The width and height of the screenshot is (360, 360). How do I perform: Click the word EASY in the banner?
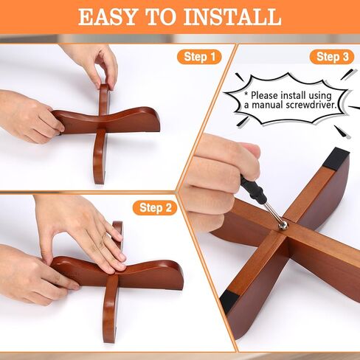click(107, 17)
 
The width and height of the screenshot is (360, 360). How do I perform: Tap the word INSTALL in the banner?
click(232, 17)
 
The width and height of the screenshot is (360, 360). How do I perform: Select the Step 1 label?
click(199, 57)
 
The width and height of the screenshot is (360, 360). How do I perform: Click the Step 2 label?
click(155, 208)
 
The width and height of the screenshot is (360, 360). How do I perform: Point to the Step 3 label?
click(332, 57)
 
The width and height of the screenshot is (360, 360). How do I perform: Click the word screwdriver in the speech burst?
click(311, 105)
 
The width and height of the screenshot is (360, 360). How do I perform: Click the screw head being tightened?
click(284, 225)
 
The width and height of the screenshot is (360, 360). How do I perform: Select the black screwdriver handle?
click(254, 189)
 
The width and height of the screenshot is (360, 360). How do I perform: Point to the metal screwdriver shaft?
click(273, 212)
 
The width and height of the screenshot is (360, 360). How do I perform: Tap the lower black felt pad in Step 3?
click(229, 302)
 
